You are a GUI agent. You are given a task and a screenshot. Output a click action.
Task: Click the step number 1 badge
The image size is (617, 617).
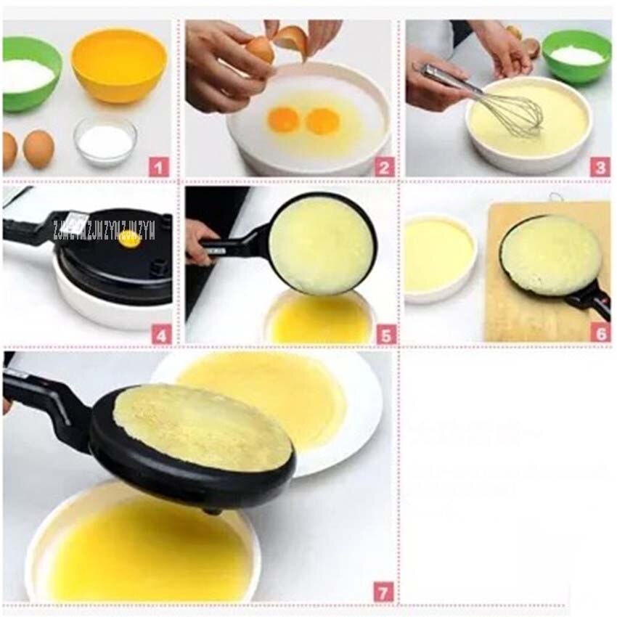tap(159, 167)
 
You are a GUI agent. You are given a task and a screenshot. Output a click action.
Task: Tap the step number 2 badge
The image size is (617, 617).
tap(384, 167)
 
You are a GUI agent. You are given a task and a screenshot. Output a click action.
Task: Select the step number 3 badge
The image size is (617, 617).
tap(599, 167)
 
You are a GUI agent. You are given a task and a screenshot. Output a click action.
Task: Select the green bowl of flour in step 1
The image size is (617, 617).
tap(29, 73)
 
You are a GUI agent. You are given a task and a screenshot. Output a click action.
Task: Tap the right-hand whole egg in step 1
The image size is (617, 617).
tap(38, 149)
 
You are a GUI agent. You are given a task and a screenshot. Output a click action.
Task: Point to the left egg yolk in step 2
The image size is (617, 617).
tap(283, 120)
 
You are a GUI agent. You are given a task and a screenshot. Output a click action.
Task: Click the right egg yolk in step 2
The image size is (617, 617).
tap(322, 121)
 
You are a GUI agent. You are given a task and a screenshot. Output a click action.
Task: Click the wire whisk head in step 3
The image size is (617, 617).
tap(517, 115)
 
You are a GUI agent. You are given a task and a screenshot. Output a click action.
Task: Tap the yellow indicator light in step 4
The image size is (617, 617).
tap(130, 239)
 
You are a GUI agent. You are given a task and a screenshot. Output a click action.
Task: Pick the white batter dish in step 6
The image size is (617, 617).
tap(440, 258)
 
